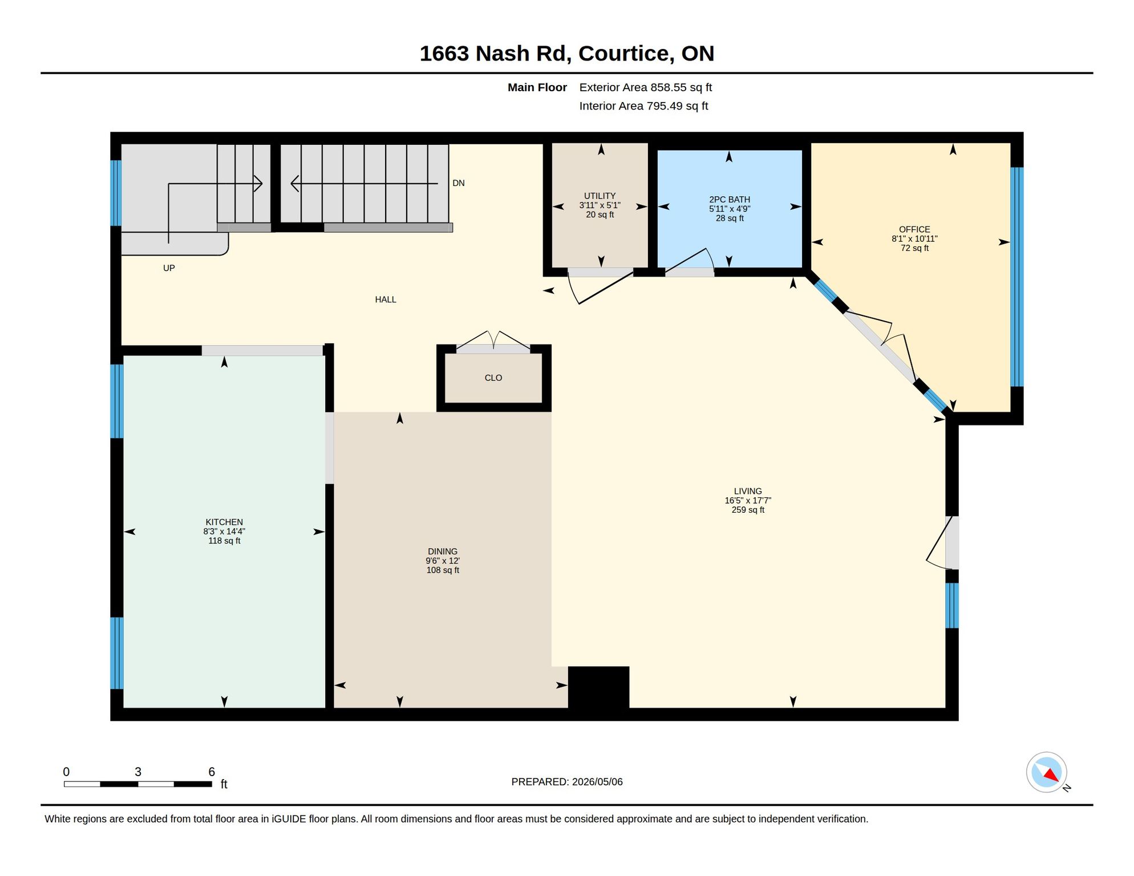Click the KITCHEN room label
(x=224, y=522)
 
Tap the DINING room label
(x=443, y=551)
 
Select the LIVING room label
(x=748, y=491)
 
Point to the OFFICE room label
(x=914, y=229)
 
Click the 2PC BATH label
(x=730, y=200)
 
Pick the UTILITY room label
(x=600, y=196)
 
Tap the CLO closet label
(x=493, y=378)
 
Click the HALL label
(x=386, y=299)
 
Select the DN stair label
(x=459, y=183)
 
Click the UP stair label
(x=169, y=268)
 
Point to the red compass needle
(x=1051, y=775)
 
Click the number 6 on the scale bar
(x=212, y=772)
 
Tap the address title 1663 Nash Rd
(x=495, y=54)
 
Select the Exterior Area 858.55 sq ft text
(x=646, y=87)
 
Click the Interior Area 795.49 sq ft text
(x=643, y=106)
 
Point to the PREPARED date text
(x=567, y=782)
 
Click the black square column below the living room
(x=599, y=687)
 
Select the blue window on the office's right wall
(x=1017, y=277)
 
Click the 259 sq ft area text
(x=748, y=510)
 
